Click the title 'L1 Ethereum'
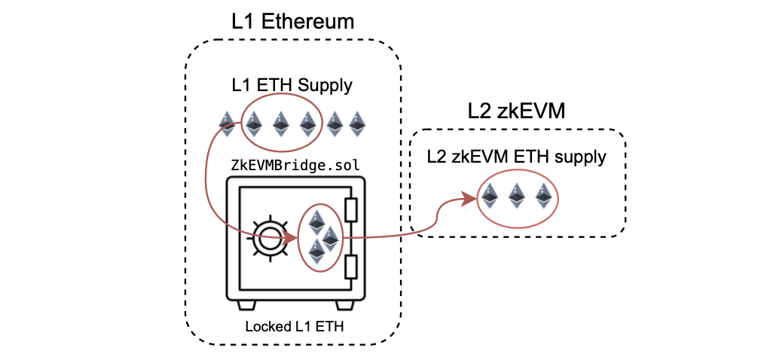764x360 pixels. [292, 21]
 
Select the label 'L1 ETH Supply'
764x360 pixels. [292, 85]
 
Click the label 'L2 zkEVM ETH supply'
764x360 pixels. [516, 157]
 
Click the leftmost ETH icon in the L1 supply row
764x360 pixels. [227, 124]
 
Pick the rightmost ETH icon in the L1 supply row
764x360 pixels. [356, 124]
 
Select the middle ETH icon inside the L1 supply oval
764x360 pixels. [280, 124]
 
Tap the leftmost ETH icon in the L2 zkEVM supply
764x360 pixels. [490, 196]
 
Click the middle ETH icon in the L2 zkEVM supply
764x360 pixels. [516, 196]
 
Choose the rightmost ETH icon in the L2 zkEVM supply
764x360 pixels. [542, 196]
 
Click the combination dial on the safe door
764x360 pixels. [267, 237]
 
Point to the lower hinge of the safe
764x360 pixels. [350, 267]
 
